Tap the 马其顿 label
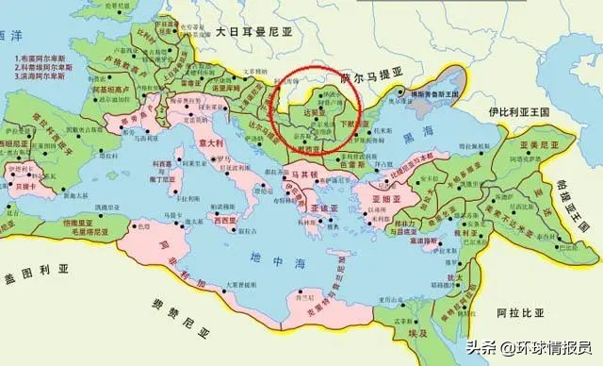tap(299, 175)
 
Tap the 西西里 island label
tap(225, 219)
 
